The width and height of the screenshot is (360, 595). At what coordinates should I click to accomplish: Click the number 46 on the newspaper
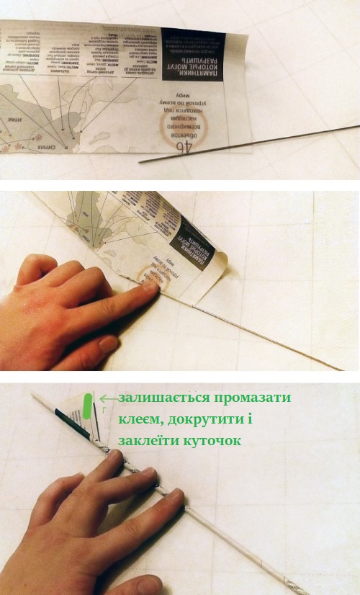(183, 146)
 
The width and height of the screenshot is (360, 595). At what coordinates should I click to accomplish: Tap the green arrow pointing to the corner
(109, 397)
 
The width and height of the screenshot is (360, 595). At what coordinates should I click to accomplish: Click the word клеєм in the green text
(143, 419)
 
